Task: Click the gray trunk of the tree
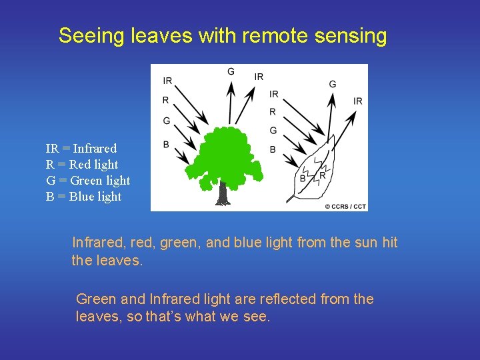(223, 193)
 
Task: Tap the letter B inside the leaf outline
(303, 179)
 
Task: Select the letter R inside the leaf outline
(323, 175)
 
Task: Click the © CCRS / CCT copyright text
(345, 207)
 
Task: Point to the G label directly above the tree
(231, 71)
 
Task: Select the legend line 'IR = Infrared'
(81, 149)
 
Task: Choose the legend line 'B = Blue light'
(83, 197)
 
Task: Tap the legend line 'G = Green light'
(87, 181)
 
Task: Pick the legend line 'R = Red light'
(81, 165)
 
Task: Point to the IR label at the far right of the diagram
(358, 101)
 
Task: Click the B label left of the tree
(166, 145)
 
